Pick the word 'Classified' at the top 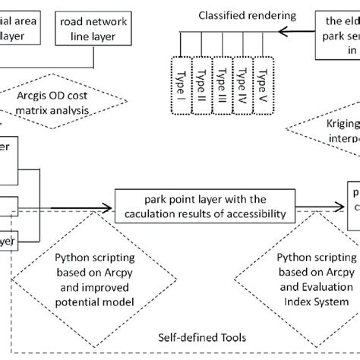(x=216, y=14)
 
